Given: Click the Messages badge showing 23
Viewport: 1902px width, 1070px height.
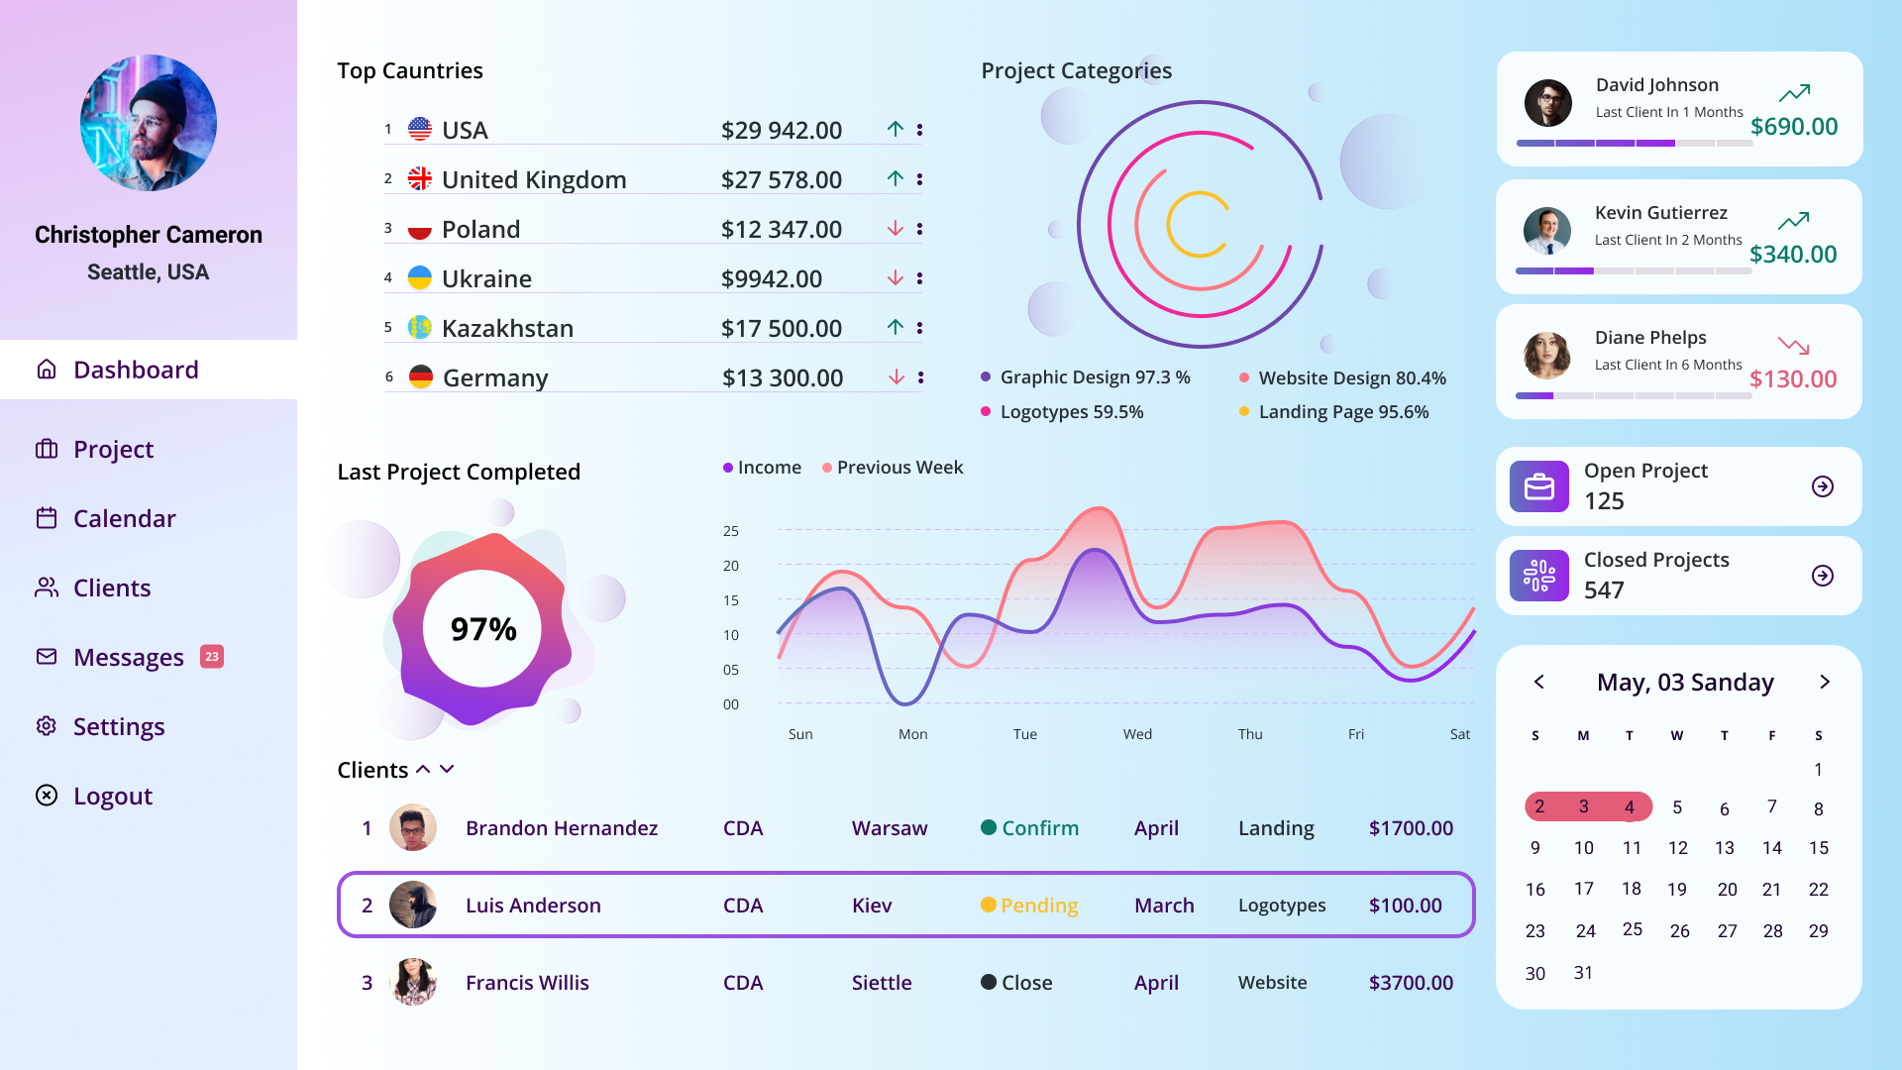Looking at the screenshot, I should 212,657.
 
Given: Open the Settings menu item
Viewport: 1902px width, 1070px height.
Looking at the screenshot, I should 118,726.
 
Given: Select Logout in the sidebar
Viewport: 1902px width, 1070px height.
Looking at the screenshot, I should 112,796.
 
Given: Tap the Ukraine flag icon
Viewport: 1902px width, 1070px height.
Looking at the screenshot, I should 420,277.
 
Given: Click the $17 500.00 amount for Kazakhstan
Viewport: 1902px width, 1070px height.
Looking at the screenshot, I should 781,328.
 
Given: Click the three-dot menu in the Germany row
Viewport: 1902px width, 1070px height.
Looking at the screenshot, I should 920,377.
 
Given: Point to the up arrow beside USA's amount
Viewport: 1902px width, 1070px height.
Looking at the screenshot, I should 896,129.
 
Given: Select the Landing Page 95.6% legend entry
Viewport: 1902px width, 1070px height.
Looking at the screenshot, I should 1342,412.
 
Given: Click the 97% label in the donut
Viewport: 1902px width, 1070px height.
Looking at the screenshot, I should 483,629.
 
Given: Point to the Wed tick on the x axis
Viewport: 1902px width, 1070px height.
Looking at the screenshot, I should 1137,734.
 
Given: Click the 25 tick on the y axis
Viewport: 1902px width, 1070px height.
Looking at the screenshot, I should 731,531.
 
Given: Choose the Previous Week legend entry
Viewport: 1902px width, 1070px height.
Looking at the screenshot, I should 898,468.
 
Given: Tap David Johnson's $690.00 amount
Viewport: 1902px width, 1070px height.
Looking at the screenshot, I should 1793,127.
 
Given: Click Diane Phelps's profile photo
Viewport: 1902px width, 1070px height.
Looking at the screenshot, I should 1546,356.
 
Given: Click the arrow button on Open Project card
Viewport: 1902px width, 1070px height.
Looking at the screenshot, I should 1822,486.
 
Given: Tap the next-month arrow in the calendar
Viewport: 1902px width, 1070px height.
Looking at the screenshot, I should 1825,682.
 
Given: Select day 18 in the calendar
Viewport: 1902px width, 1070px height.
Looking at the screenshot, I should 1631,889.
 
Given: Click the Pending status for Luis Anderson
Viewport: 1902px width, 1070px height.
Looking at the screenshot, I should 1038,906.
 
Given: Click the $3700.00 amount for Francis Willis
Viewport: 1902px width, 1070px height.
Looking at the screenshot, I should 1411,983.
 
